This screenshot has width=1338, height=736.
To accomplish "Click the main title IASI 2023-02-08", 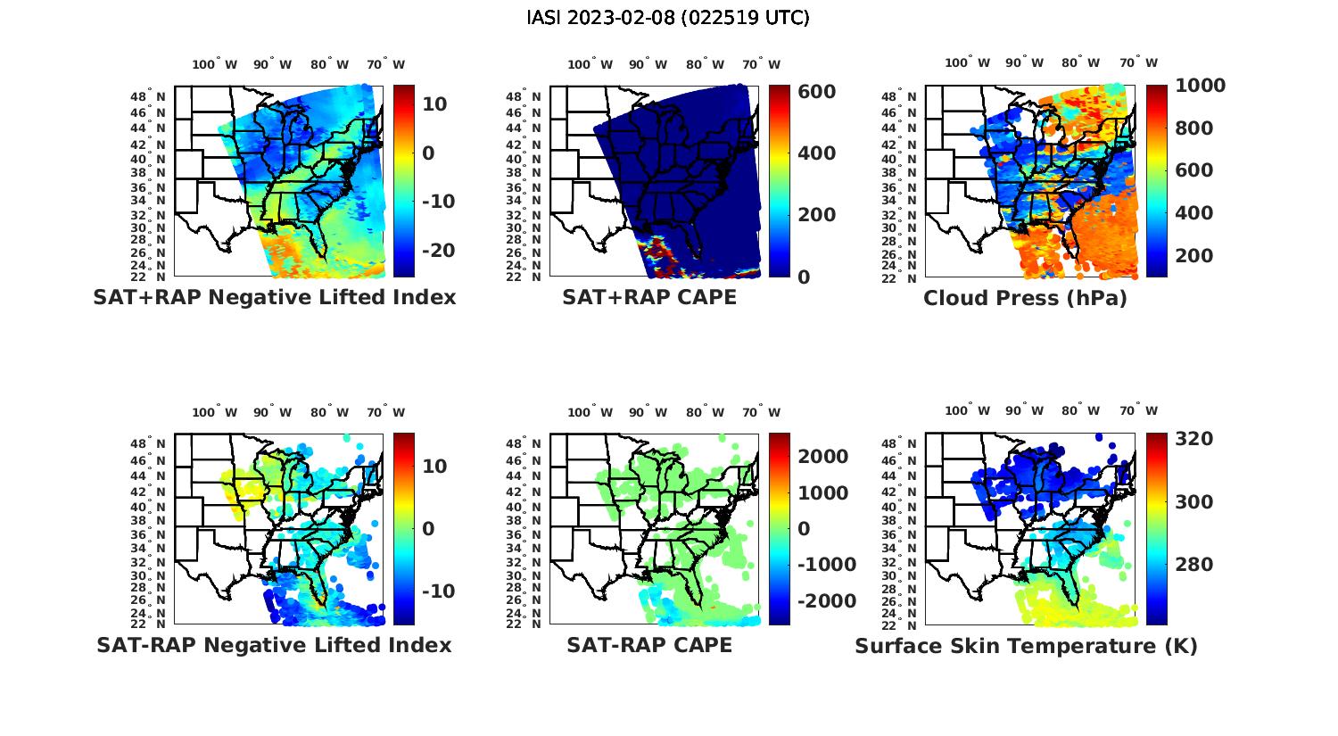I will click(668, 18).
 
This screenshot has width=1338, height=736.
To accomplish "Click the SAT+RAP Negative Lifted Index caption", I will click(274, 297).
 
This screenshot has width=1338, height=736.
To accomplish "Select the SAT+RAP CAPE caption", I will click(649, 297).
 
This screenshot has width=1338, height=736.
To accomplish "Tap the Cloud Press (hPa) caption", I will click(1025, 298).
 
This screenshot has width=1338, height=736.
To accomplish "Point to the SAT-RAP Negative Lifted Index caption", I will click(274, 645).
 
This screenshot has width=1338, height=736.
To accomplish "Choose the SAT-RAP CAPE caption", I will click(649, 645).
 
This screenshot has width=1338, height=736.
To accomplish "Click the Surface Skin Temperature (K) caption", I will click(1026, 646).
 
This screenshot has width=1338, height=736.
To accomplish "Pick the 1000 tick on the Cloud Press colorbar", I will click(1200, 86).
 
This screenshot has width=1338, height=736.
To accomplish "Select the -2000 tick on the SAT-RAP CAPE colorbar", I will click(825, 600).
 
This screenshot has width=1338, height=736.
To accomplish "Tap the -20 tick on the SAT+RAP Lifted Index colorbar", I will click(437, 250).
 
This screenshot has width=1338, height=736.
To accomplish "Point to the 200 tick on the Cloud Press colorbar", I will click(1193, 256).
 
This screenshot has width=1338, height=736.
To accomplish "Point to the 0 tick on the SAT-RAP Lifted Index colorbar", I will click(428, 529).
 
